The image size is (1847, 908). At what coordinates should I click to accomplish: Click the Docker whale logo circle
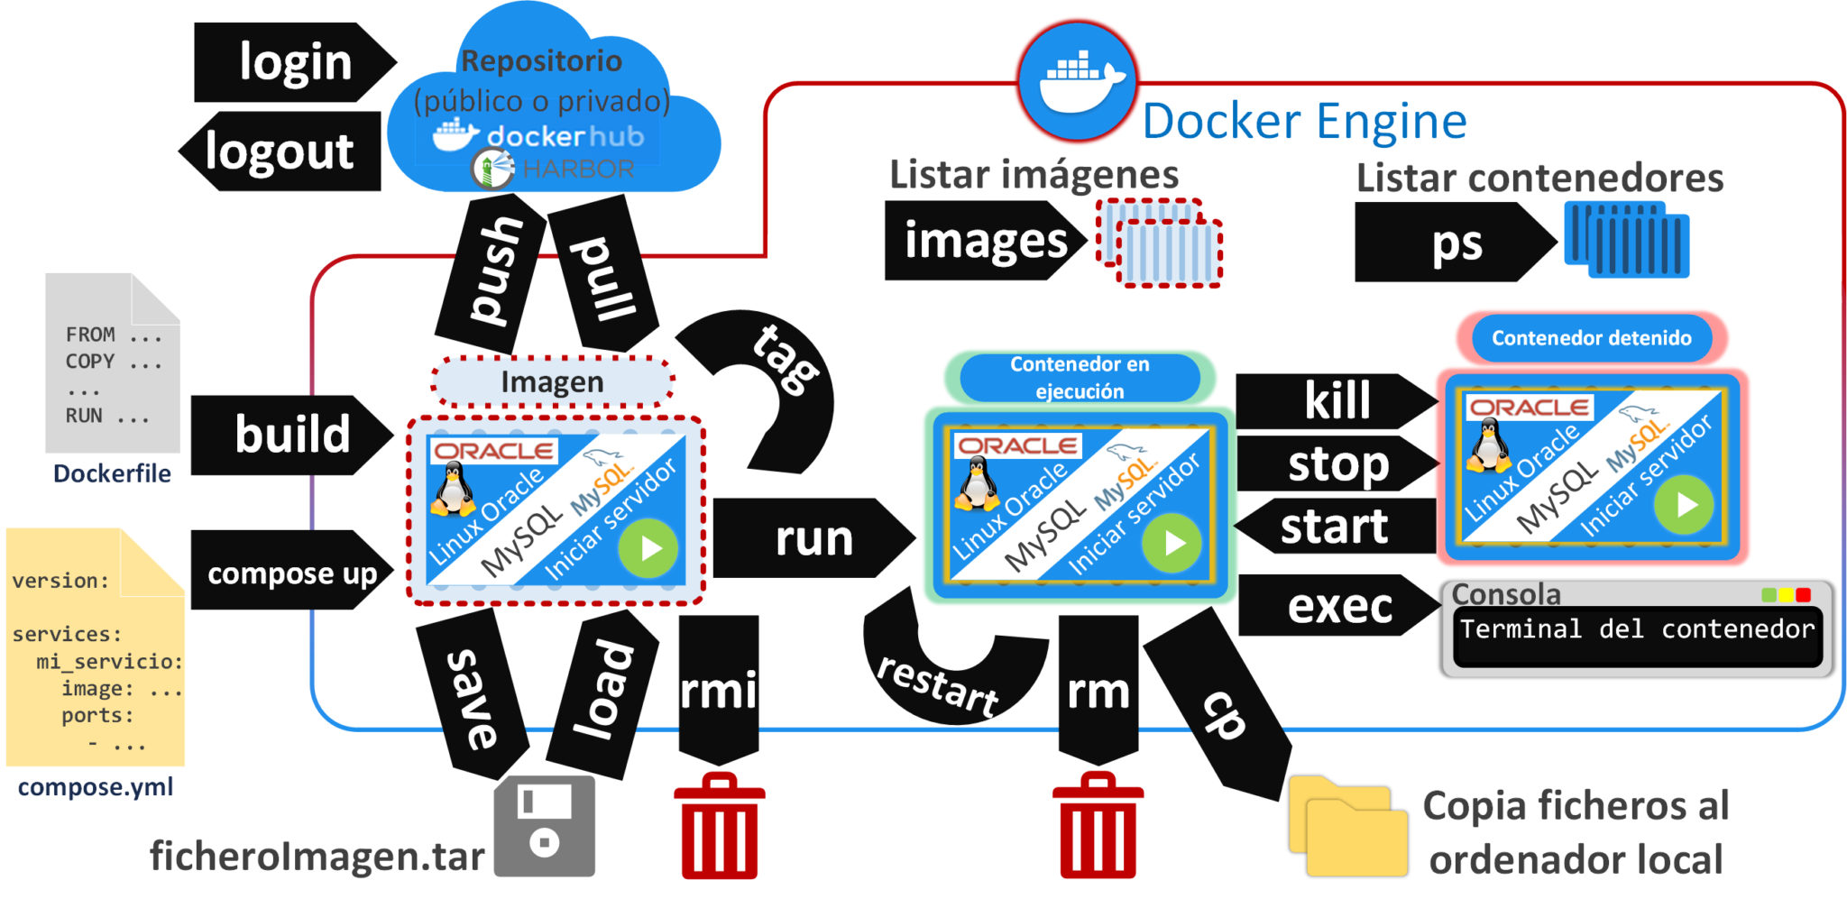(1078, 82)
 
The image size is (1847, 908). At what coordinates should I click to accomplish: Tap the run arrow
(812, 538)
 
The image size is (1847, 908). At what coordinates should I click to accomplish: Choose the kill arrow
(1335, 401)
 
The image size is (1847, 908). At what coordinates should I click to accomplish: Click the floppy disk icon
(545, 825)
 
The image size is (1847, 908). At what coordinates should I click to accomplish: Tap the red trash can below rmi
(719, 827)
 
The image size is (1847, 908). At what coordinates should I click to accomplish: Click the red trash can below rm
(1098, 827)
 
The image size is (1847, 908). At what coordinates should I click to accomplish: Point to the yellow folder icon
(1347, 827)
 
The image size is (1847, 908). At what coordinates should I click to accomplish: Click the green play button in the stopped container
(1683, 505)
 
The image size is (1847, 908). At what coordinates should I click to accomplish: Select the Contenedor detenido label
(1591, 338)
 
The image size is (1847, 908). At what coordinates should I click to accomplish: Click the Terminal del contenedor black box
(1637, 636)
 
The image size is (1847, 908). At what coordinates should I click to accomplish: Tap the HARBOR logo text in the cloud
(577, 169)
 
